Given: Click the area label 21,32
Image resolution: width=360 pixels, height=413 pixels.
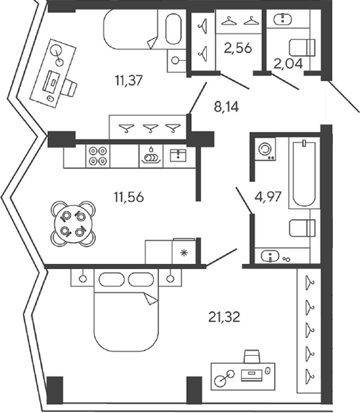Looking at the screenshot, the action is pyautogui.click(x=224, y=317).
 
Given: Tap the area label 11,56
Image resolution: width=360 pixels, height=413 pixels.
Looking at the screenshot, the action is pyautogui.click(x=129, y=197).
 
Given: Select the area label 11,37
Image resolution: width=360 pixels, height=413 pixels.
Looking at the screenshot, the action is pyautogui.click(x=129, y=80).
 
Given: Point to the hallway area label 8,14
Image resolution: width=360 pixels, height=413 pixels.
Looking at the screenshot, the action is pyautogui.click(x=226, y=107).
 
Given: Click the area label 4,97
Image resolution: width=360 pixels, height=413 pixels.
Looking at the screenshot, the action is pyautogui.click(x=268, y=197).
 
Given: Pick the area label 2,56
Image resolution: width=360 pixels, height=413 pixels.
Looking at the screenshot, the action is pyautogui.click(x=238, y=48).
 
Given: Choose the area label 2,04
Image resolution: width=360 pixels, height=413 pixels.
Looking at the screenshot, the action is pyautogui.click(x=288, y=64).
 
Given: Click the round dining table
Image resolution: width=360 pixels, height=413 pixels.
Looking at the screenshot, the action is pyautogui.click(x=73, y=224).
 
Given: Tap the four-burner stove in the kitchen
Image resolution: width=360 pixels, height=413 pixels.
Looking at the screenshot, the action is pyautogui.click(x=98, y=155).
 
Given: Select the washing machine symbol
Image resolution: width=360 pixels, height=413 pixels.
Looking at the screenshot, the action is pyautogui.click(x=265, y=149).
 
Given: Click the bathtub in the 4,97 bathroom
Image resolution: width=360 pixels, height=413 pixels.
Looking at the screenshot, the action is pyautogui.click(x=304, y=173).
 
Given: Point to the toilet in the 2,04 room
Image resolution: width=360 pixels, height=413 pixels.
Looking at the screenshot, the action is pyautogui.click(x=302, y=48).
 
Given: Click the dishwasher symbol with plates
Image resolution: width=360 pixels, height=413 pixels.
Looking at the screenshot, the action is pyautogui.click(x=151, y=155).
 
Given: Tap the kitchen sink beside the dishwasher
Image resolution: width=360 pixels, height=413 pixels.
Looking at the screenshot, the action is pyautogui.click(x=178, y=155).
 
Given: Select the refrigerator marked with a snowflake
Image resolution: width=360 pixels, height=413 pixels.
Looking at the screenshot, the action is pyautogui.click(x=184, y=251).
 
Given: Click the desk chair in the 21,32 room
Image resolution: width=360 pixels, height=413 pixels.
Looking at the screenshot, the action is pyautogui.click(x=252, y=356).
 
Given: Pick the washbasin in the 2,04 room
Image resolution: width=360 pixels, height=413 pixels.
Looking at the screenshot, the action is pyautogui.click(x=283, y=19).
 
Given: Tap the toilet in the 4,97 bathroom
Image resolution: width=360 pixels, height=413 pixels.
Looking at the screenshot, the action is pyautogui.click(x=302, y=228).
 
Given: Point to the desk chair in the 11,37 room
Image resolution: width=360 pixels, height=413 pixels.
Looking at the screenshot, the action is pyautogui.click(x=69, y=87).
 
